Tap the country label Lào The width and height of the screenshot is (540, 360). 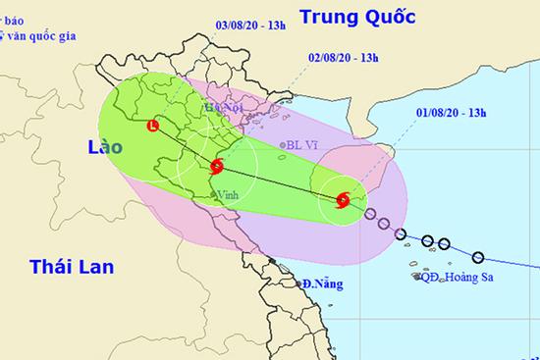[x=100, y=146]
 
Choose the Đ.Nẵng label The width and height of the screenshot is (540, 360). [x=322, y=284]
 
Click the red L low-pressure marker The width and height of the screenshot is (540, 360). [x=153, y=126]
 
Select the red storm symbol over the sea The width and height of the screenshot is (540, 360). [x=342, y=201]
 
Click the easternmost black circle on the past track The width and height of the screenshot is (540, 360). [x=478, y=258]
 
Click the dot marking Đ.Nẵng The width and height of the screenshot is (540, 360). [x=298, y=285]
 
